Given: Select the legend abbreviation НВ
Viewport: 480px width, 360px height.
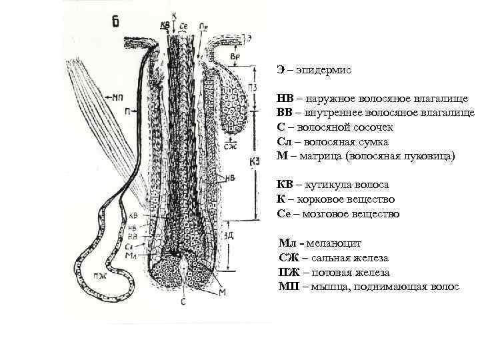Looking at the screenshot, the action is click(285, 99).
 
